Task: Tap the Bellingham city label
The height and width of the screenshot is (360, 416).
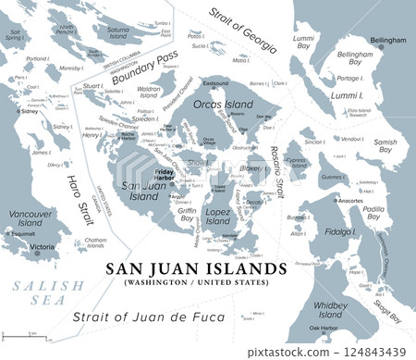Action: pos(387,41)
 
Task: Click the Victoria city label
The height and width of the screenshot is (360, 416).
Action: pos(43,247)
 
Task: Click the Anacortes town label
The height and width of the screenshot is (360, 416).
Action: pos(351,200)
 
